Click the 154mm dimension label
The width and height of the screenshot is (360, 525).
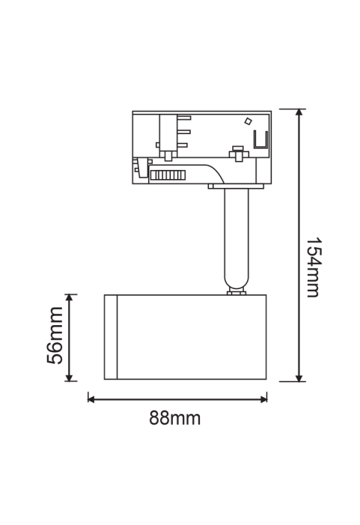pyautogui.click(x=314, y=267)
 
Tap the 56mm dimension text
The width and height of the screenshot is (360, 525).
pyautogui.click(x=55, y=336)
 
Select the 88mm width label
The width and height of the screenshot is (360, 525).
pyautogui.click(x=174, y=418)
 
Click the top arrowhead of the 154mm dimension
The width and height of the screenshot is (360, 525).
pyautogui.click(x=299, y=112)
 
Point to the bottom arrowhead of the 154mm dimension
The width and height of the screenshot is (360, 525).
pyautogui.click(x=299, y=378)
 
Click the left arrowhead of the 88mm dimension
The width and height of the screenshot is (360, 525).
pyautogui.click(x=91, y=398)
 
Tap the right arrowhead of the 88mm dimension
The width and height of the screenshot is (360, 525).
pyautogui.click(x=263, y=398)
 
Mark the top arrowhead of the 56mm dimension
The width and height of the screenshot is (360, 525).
pyautogui.click(x=69, y=298)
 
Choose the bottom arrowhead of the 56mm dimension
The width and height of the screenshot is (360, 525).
pyautogui.click(x=69, y=377)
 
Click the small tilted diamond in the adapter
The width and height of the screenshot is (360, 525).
pyautogui.click(x=248, y=121)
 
